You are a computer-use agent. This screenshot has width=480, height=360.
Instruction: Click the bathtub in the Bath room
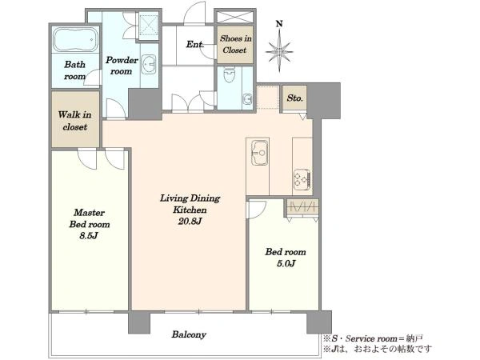point(76,40)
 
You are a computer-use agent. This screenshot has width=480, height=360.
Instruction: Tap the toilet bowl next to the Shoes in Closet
point(229,75)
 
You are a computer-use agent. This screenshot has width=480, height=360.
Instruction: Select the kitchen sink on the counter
point(259,152)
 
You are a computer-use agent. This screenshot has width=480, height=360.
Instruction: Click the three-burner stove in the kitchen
point(302,178)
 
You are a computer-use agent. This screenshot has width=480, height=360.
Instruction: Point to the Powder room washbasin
point(149,64)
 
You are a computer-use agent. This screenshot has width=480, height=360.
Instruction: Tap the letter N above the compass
point(279,23)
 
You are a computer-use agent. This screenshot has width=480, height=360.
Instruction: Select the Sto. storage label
point(294,98)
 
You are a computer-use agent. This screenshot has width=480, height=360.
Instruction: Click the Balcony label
point(189,334)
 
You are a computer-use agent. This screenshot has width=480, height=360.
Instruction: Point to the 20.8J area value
point(190,221)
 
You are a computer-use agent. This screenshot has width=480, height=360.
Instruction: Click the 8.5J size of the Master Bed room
point(89,236)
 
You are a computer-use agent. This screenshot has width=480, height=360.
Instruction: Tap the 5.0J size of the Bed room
point(286,263)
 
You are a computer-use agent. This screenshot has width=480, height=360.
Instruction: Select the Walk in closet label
point(75,121)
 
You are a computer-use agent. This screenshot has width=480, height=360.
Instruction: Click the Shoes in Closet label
point(235,44)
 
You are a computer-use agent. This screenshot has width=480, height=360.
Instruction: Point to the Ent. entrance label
point(195,44)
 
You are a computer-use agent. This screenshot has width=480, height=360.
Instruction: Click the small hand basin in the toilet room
point(246,99)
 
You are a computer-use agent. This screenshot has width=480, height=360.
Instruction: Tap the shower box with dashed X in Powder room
point(148,26)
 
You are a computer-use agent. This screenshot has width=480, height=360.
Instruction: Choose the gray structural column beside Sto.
point(324,101)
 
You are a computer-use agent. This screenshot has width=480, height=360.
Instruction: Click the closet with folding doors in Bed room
point(302,207)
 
